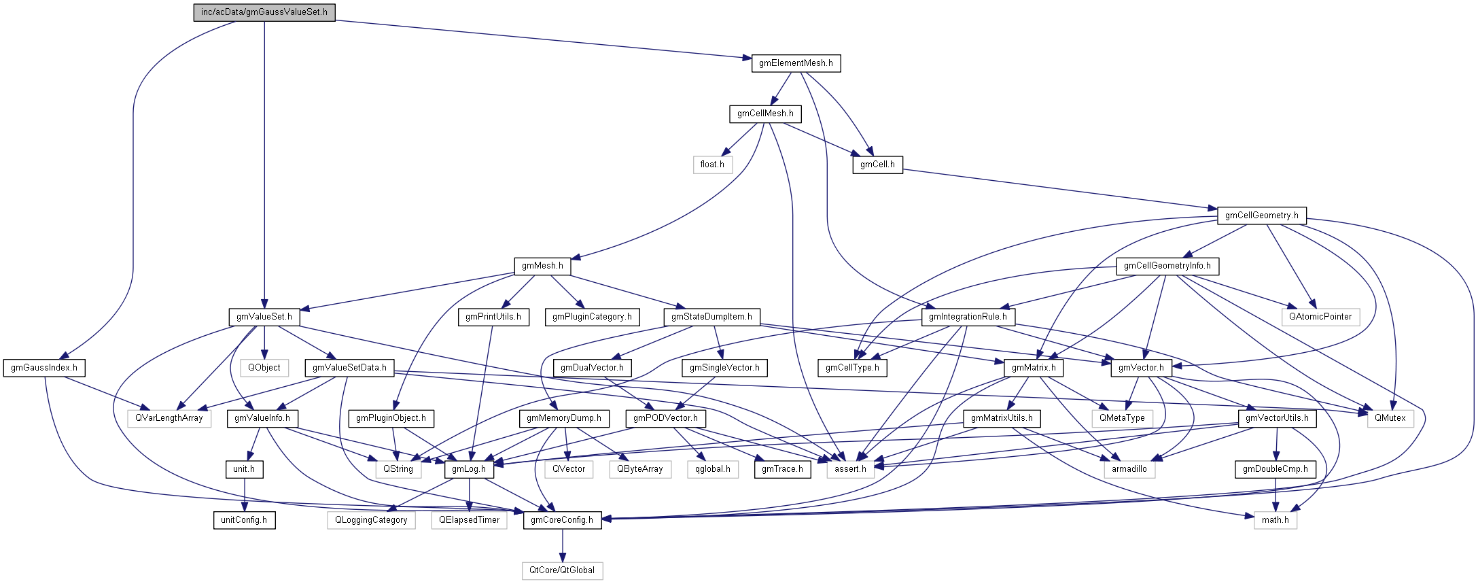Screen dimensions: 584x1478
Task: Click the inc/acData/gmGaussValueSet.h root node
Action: pyautogui.click(x=264, y=12)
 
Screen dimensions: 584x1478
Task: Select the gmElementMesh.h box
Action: pyautogui.click(x=796, y=63)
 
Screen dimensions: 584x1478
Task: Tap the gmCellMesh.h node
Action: pyautogui.click(x=765, y=114)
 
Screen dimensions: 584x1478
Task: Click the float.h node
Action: pyautogui.click(x=712, y=165)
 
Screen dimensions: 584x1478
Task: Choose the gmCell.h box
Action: pyautogui.click(x=877, y=165)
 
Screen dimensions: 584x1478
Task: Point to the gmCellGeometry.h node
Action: pyautogui.click(x=1261, y=216)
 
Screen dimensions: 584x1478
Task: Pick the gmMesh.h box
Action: pyautogui.click(x=542, y=266)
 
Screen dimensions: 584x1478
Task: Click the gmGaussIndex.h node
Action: pyautogui.click(x=44, y=368)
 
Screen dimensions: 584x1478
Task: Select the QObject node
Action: pyautogui.click(x=264, y=368)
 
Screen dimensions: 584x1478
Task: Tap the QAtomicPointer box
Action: pyautogui.click(x=1320, y=317)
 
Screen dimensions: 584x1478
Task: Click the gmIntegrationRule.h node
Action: pyautogui.click(x=968, y=317)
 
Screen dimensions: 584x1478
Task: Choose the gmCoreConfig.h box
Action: pyautogui.click(x=562, y=520)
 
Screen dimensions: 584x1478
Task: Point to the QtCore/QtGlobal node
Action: pyautogui.click(x=562, y=570)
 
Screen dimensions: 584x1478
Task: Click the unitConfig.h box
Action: pyautogui.click(x=244, y=520)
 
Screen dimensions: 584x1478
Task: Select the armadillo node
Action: pyautogui.click(x=1129, y=469)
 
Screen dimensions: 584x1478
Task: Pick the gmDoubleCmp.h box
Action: pyautogui.click(x=1275, y=469)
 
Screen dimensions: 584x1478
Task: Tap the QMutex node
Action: pyautogui.click(x=1390, y=418)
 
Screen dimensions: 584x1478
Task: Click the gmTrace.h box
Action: pyautogui.click(x=782, y=469)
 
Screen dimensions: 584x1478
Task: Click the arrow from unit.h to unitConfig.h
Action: pyautogui.click(x=244, y=495)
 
